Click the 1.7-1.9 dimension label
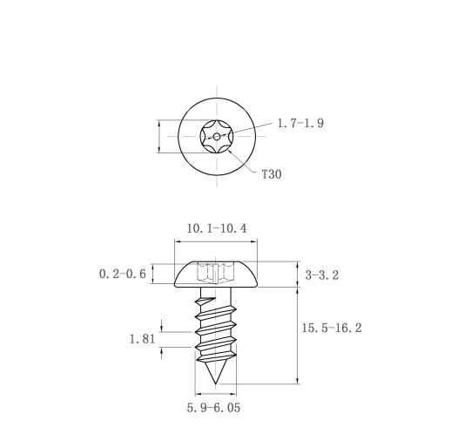(x=300, y=123)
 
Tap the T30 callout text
(x=272, y=174)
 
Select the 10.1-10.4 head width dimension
(x=217, y=228)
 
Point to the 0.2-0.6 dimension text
(x=123, y=274)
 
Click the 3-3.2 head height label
(x=322, y=275)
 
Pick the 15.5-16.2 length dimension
(x=332, y=328)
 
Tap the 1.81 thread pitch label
(x=142, y=339)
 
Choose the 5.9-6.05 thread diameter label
(x=213, y=408)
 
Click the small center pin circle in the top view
(x=217, y=136)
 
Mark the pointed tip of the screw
(x=215, y=383)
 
